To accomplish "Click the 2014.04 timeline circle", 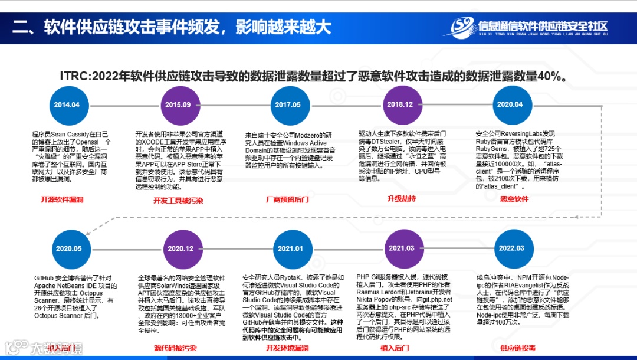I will [67, 105].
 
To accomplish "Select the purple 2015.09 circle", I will [178, 105].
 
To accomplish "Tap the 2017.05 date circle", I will [287, 105].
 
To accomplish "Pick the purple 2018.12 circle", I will [399, 104].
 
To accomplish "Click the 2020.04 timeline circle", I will [510, 104].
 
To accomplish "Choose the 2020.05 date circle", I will [69, 249].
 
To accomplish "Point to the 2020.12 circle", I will [180, 249].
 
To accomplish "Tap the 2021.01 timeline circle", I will [290, 249].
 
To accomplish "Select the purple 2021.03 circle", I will [401, 248].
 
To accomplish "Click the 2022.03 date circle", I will [511, 248].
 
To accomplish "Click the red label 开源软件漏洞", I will [62, 200].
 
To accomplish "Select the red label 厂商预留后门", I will [287, 200].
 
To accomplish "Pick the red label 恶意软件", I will [514, 199].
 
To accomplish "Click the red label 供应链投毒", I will [518, 348].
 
